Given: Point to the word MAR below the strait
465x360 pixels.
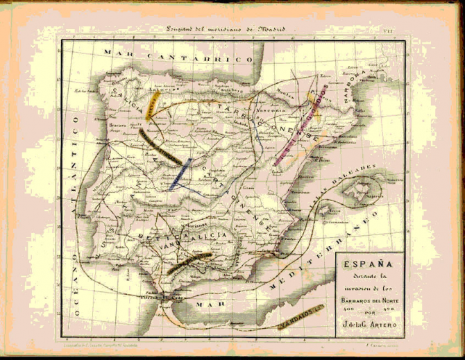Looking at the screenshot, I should pyautogui.click(x=205, y=304).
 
